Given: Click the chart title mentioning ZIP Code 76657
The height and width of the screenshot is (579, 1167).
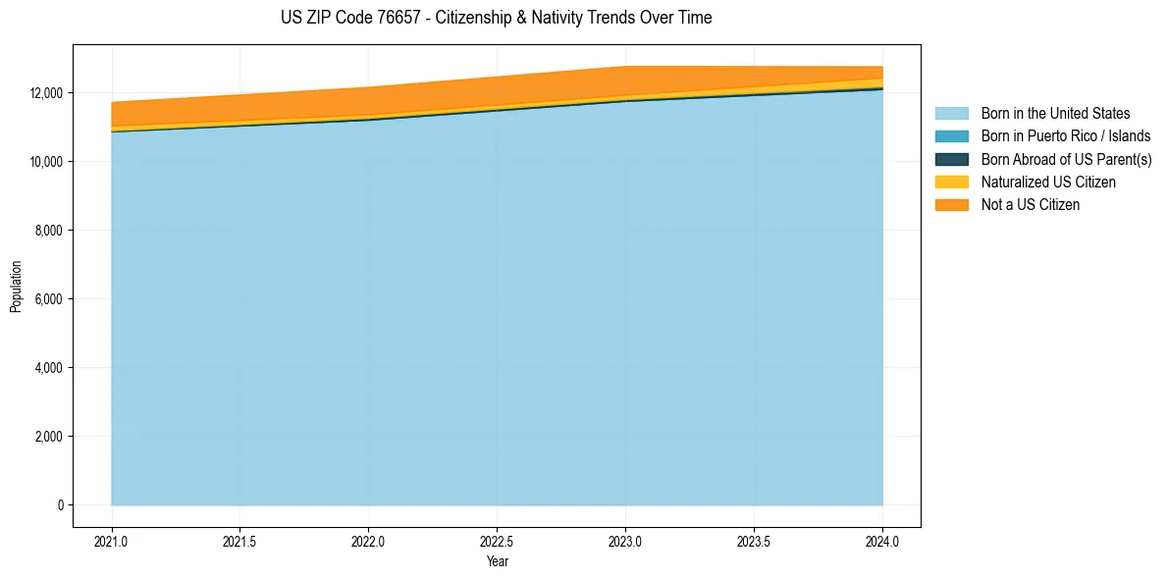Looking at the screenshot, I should [x=496, y=18].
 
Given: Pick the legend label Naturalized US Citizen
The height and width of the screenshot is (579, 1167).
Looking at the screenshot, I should [x=1047, y=183].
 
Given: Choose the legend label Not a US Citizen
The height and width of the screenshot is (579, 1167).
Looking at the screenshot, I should [x=1030, y=205].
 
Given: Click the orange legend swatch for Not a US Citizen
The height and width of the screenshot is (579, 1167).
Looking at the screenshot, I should [x=951, y=205].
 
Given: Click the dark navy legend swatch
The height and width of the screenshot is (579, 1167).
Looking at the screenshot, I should [x=951, y=159].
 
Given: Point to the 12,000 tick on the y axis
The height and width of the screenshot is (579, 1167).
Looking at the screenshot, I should [x=45, y=93].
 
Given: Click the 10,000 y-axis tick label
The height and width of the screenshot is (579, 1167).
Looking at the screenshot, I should [x=45, y=162].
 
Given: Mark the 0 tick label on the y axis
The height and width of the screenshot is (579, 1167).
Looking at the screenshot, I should [x=59, y=505].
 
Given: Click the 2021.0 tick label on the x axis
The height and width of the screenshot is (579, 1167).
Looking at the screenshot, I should [x=112, y=542].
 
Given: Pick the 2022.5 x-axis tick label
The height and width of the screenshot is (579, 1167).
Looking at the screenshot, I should [x=497, y=542].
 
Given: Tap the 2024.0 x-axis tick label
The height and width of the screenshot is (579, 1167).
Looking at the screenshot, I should [x=882, y=542].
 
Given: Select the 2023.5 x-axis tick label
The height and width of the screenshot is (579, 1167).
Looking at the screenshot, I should [x=754, y=542].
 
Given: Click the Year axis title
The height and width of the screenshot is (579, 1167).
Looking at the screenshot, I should [x=497, y=561].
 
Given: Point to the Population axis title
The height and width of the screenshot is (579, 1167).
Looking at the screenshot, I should [x=16, y=286].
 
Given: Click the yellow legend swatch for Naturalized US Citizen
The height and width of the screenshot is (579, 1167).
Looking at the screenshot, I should [x=951, y=183].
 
